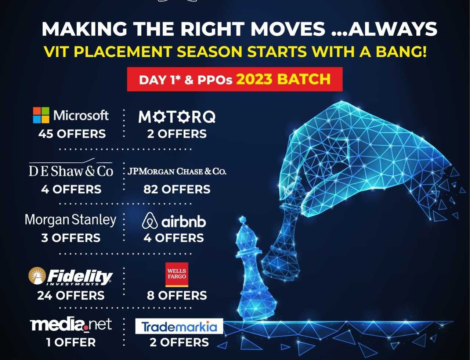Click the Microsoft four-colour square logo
(41, 115)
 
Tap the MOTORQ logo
(177, 117)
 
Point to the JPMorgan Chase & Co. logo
(177, 171)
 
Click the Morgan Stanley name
(70, 220)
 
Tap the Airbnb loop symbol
(150, 221)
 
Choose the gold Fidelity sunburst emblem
(37, 276)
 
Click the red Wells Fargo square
(177, 274)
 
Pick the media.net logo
(71, 324)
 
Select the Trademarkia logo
(179, 326)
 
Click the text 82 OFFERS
(177, 189)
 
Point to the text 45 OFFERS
(72, 134)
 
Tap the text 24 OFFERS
(71, 295)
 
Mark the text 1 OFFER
(71, 342)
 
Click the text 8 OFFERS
(177, 295)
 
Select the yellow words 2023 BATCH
(283, 79)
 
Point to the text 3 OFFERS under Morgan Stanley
(71, 238)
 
